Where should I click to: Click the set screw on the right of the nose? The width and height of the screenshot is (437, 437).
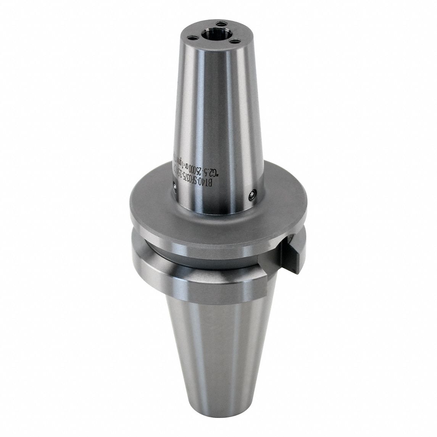(251, 195)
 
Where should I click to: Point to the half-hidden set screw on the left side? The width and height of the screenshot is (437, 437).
(174, 187)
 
